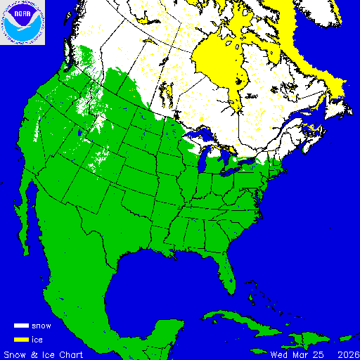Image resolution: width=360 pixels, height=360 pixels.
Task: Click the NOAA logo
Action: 23,22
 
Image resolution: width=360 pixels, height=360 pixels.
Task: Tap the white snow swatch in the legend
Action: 22,326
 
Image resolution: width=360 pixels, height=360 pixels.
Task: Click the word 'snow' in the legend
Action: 41,326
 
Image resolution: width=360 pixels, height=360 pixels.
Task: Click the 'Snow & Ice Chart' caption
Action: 44,354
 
